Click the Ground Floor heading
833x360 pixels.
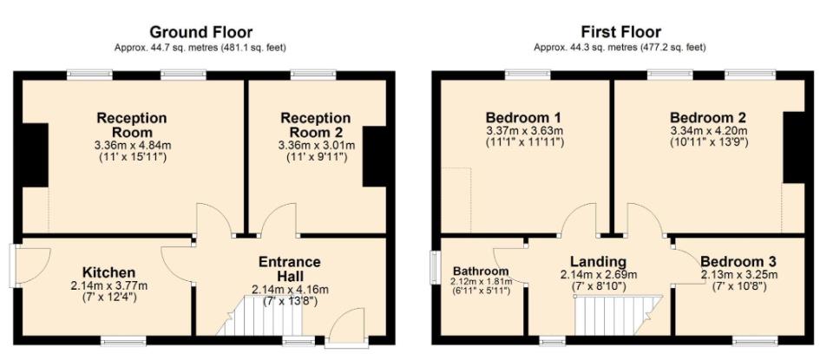pos(200,32)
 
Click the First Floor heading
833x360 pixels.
pos(620,32)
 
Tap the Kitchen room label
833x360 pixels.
pos(109,272)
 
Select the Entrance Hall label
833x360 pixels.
pos(290,269)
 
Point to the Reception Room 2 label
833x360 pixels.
pos(316,125)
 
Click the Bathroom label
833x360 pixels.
pos(480,272)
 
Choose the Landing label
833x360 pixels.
pos(598,262)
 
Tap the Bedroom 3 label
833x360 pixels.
pos(738,262)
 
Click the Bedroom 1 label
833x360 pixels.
pos(524,117)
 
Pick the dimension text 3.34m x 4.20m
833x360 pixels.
pos(709,131)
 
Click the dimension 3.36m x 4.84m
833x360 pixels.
pos(132,144)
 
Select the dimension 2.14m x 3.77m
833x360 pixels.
pos(109,286)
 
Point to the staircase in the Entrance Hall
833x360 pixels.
pos(260,316)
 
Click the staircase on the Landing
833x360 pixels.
pos(619,316)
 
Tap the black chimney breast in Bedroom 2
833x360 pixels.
pos(794,147)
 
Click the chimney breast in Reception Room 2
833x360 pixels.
pos(375,156)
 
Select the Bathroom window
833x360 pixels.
pos(435,268)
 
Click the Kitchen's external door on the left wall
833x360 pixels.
pos(31,265)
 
